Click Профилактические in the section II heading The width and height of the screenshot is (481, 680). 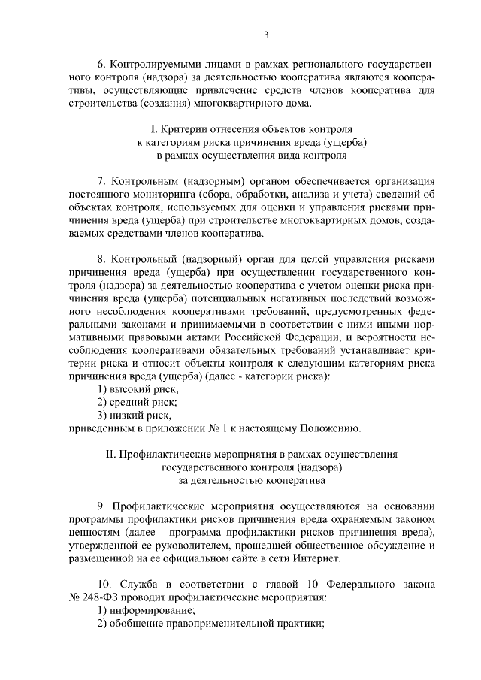pyautogui.click(x=164, y=455)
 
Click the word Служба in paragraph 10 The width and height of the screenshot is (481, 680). pyautogui.click(x=138, y=585)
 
